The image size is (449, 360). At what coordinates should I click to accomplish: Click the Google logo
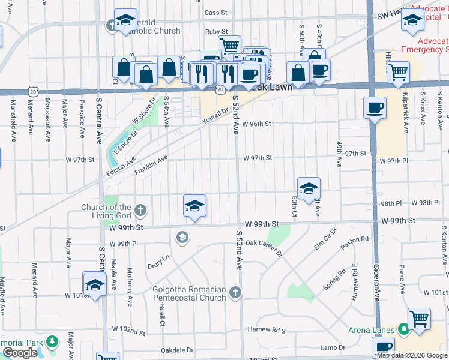20,353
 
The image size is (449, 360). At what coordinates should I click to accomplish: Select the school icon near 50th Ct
309,188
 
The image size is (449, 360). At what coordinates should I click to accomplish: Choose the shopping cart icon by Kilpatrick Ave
399,72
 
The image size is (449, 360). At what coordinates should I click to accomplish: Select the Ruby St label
216,31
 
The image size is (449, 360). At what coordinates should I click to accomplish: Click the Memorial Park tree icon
53,341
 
